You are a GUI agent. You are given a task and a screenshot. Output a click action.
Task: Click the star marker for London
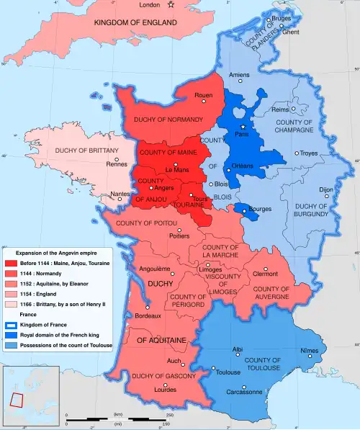tap(171, 6)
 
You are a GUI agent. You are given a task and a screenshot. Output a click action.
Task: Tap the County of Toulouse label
tap(261, 364)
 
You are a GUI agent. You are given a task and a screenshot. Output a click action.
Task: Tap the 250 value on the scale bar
tap(170, 416)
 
